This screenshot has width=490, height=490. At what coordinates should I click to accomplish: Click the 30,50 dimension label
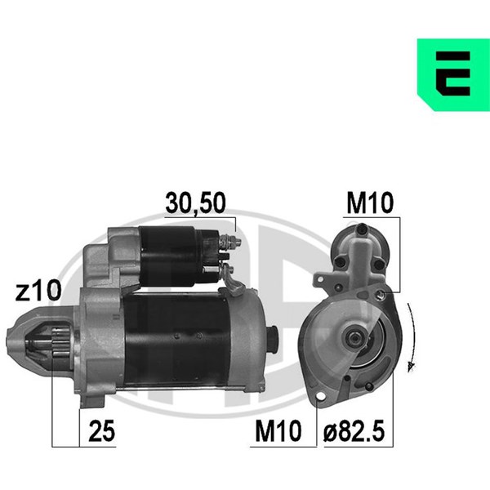pos(195,203)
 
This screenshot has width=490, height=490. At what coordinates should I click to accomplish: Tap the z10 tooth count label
pos(38,291)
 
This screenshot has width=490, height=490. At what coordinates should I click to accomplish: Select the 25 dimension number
pos(102,431)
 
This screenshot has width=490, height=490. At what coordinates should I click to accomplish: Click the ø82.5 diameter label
pos(354,431)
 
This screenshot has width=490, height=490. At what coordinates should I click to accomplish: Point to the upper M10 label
pos(369,203)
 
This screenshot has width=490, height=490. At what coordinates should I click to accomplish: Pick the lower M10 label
pos(278,431)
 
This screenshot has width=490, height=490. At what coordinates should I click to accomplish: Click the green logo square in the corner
pos(453,74)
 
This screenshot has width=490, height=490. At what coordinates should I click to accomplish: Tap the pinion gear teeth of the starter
pos(60,343)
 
